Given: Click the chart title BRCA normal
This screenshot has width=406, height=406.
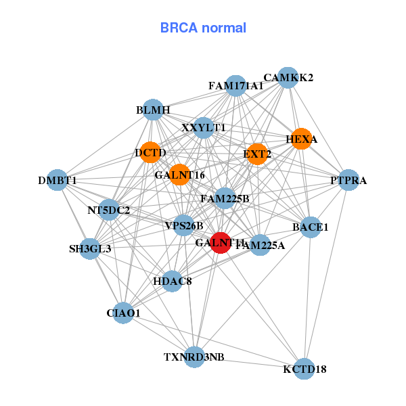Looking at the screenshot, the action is coord(203,28).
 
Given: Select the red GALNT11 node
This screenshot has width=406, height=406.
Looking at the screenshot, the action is coord(221,242).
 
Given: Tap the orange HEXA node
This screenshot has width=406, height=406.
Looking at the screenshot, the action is coord(301,139).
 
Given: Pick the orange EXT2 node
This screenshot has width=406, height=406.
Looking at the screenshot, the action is coord(257,154).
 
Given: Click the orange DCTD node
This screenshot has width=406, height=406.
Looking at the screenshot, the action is coord(150,153).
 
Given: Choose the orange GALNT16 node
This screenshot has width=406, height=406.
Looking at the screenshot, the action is coord(179,175).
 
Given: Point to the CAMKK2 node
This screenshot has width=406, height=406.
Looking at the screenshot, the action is coord(288,77).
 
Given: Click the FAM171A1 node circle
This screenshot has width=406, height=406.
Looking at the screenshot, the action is coord(235,86).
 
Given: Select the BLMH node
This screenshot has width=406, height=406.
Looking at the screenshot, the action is coord(153,110).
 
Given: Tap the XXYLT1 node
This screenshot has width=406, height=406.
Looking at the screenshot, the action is coord(204,127).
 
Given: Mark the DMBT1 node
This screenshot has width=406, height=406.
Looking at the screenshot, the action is coord(57,181).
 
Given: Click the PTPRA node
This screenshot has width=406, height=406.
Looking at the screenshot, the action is coord(348,180).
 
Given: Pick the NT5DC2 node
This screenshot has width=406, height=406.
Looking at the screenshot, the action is coord(109,210).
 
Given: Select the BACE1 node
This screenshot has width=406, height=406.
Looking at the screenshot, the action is coord(310,227).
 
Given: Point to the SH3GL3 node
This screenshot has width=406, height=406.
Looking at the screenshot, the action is coord(90,248).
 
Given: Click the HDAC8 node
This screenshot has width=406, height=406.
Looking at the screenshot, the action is coord(172,281).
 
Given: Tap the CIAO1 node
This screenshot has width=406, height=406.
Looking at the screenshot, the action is coord(123,313).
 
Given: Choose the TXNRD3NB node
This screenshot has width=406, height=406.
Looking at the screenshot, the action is coord(194,357).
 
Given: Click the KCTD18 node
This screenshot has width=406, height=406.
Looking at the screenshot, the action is coord(304,369).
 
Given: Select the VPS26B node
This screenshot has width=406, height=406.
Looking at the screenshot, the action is coord(184,225).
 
